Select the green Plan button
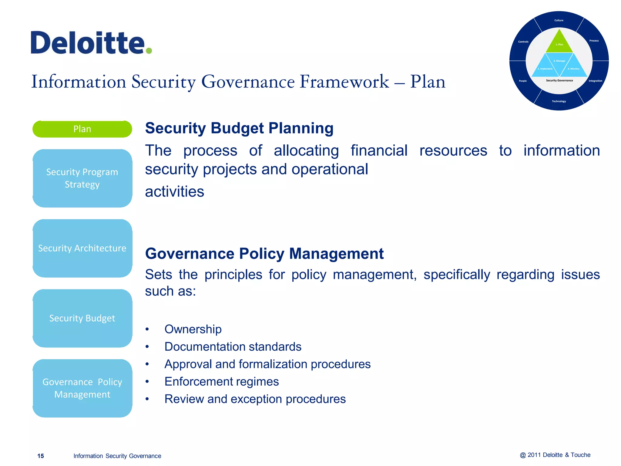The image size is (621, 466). coord(82,129)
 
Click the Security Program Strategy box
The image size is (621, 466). coord(82,178)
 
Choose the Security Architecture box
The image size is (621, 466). coord(82,248)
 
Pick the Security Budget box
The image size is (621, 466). coord(82,318)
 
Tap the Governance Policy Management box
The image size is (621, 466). coord(82,388)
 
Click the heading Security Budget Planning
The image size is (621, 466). coord(239,128)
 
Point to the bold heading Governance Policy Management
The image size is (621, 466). coord(264,254)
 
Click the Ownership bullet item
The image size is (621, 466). coord(193,329)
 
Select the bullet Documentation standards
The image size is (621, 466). coord(233,347)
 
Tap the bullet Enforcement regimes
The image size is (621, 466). coord(221,382)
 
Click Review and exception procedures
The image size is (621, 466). coord(255,399)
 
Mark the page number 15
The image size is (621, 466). coord(41,456)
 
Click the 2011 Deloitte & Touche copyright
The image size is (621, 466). coord(555,455)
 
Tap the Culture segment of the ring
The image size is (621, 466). coord(559,20)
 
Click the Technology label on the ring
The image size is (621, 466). coord(559,101)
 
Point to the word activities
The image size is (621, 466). coord(174,192)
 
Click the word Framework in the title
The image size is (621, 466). coord(344,82)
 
